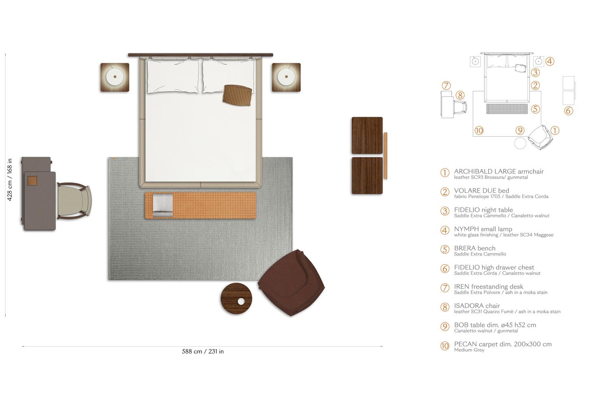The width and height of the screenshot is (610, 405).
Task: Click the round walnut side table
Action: coord(236,298)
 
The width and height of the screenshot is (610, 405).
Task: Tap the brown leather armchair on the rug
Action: coord(291,282)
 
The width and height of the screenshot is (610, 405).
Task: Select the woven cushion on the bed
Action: coord(237,95)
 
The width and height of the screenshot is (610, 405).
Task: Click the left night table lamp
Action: coord(115,77)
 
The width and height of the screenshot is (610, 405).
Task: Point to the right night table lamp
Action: coord(286,77)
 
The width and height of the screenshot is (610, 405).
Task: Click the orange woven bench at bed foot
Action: coord(200,205)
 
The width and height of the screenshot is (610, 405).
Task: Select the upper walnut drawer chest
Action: coord(367,136)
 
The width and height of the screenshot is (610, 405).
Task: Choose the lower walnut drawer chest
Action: coord(367,175)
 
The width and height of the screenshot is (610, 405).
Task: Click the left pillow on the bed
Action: coord(173,77)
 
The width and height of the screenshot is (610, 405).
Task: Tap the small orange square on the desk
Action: coord(32,181)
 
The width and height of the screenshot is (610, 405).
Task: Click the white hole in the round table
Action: coord(241,302)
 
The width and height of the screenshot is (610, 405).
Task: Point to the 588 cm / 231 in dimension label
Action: coord(203,351)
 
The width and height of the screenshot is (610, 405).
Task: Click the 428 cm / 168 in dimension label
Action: coord(9,180)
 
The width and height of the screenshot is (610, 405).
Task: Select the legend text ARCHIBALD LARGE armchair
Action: coord(499,171)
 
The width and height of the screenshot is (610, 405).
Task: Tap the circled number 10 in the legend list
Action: coord(445,346)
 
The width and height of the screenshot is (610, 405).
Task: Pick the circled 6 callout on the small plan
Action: coord(569,111)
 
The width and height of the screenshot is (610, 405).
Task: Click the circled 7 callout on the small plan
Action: coord(446,85)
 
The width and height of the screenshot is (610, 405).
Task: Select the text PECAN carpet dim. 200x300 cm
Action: coord(503,344)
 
